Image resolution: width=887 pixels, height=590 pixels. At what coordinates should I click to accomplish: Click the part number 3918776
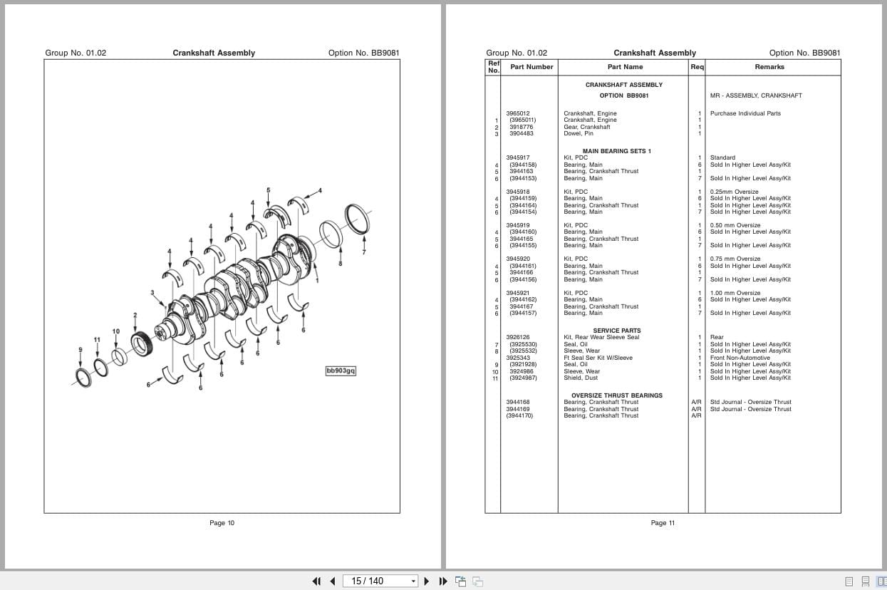pos(521,127)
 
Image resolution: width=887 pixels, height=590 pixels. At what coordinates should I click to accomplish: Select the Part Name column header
pos(625,67)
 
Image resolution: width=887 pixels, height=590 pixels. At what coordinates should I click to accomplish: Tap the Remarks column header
pos(769,67)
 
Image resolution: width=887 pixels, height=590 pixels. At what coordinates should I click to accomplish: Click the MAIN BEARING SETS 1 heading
pos(616,151)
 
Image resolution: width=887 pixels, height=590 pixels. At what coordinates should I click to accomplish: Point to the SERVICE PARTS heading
pos(616,331)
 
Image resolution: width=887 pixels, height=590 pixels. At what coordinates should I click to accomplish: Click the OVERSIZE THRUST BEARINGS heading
pos(616,395)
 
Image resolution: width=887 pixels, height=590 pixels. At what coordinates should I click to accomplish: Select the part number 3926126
pos(518,337)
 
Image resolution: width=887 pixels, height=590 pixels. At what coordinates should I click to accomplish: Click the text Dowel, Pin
pos(578,133)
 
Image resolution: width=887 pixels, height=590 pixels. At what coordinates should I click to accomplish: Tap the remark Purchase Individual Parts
pos(745,113)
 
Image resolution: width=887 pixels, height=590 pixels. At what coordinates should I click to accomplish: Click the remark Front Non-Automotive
pos(740,358)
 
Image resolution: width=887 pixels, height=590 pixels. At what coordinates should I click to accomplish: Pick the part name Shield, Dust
pos(580,378)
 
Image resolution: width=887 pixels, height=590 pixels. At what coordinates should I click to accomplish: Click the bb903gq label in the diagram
pos(341,371)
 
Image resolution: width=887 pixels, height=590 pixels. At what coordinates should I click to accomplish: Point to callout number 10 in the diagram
pos(116,331)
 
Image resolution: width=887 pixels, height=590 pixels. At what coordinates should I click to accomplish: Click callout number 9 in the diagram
pos(81,349)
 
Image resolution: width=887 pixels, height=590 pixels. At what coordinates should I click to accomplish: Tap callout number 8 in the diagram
pos(340,264)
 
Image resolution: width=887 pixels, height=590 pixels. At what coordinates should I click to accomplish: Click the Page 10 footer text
pos(222,523)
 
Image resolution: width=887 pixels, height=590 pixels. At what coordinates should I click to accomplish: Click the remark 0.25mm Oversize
pos(734,192)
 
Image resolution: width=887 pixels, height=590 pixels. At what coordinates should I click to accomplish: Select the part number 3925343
pos(518,358)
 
